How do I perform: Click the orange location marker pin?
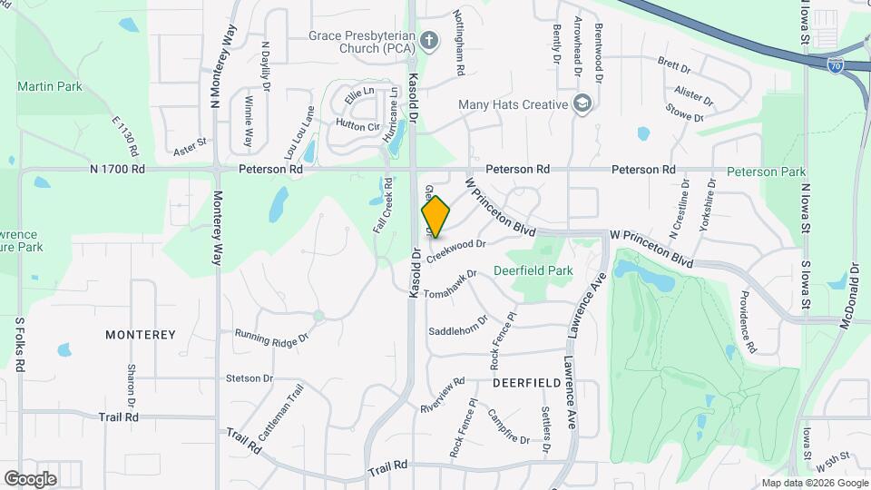pyautogui.click(x=435, y=217)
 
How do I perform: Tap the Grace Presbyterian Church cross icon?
pyautogui.click(x=430, y=39)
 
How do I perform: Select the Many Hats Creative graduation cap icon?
pyautogui.click(x=582, y=104)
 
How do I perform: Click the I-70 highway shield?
pyautogui.click(x=836, y=64)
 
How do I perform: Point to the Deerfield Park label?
pyautogui.click(x=533, y=269)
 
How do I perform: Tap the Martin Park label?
pyautogui.click(x=50, y=87)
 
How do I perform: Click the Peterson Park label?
pyautogui.click(x=766, y=171)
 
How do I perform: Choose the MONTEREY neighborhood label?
pyautogui.click(x=141, y=335)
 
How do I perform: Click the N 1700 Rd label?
pyautogui.click(x=118, y=169)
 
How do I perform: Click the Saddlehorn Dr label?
pyautogui.click(x=458, y=325)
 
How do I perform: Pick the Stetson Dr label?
pyautogui.click(x=250, y=377)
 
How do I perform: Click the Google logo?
pyautogui.click(x=31, y=478)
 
